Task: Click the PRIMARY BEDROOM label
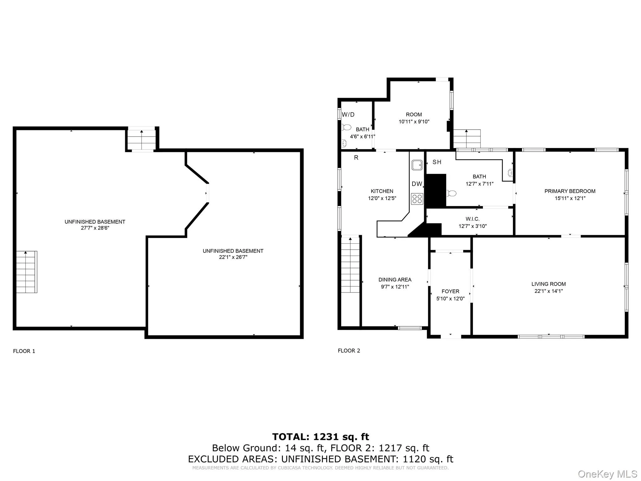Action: (570, 191)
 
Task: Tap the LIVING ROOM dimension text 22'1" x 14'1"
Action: (548, 291)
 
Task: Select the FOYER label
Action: (450, 291)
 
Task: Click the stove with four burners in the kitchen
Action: (417, 199)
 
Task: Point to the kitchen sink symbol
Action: (417, 165)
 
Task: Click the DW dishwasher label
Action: (417, 184)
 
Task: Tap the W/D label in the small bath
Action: (348, 115)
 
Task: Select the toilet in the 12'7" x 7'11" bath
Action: (451, 193)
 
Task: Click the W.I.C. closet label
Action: (472, 219)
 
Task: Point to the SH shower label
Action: (437, 162)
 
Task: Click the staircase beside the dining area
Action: (350, 265)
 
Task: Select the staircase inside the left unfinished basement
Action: (27, 272)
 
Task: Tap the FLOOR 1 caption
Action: (24, 351)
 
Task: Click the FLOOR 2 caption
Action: (349, 351)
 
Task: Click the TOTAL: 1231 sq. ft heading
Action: (320, 437)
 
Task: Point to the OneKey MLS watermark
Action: (607, 474)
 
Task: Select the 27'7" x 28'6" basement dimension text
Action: (95, 228)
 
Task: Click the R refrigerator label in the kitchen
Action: (356, 158)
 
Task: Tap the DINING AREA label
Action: (395, 280)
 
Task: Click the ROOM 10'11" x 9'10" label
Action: (414, 115)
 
